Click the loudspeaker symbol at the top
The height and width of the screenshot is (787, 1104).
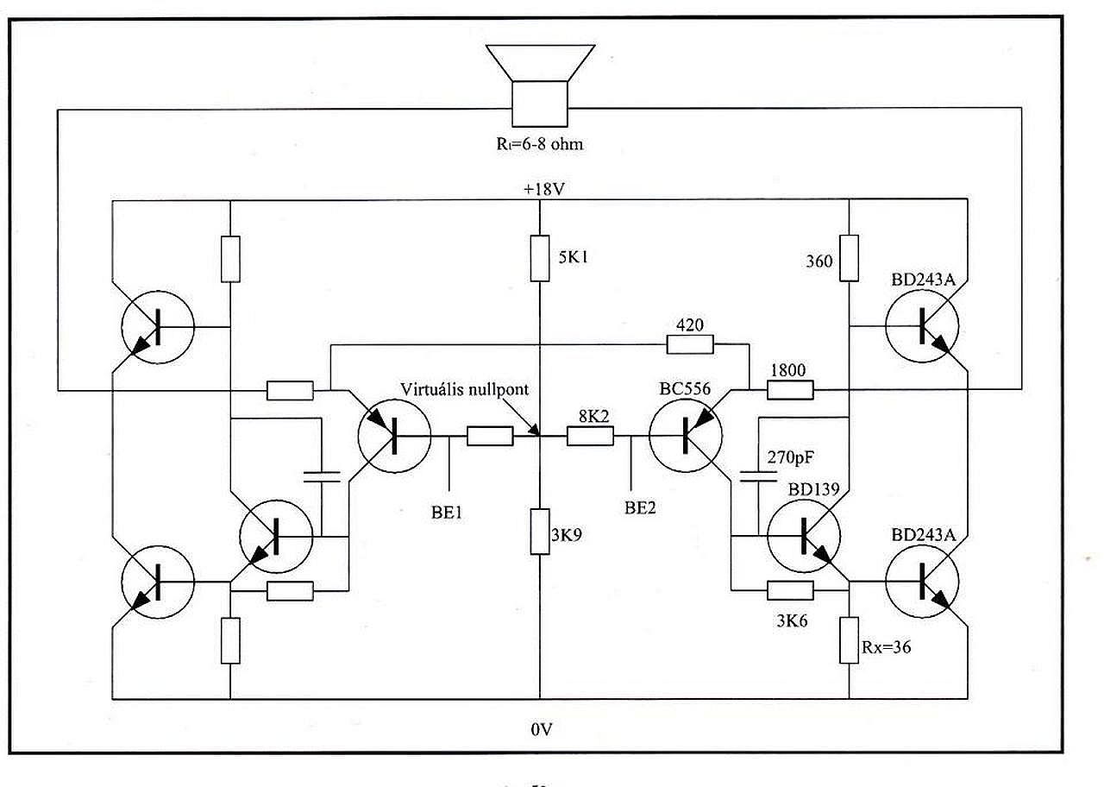click(540, 85)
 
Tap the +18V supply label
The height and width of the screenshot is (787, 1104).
click(544, 189)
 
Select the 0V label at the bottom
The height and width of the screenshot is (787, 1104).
click(541, 729)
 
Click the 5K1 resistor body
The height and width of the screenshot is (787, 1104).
click(540, 258)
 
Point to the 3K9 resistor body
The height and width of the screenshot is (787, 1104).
click(540, 531)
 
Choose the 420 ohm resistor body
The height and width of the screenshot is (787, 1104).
click(690, 344)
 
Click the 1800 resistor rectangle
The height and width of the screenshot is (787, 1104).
click(790, 390)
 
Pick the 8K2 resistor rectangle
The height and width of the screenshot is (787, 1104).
click(590, 436)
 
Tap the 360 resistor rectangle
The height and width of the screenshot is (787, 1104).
click(849, 258)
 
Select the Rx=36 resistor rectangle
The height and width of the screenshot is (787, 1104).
click(849, 640)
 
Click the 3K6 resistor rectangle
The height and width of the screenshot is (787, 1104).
click(790, 590)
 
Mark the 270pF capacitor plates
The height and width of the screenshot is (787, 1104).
click(758, 476)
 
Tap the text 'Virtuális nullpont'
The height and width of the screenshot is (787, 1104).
click(464, 389)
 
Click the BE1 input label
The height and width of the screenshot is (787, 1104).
click(447, 513)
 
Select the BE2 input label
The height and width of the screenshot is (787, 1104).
click(640, 508)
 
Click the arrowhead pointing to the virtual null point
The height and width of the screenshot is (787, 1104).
click(534, 430)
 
